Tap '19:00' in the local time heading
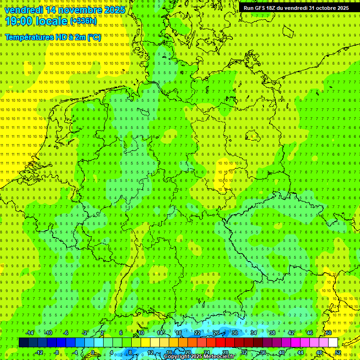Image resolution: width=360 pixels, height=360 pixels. pyautogui.click(x=19, y=21)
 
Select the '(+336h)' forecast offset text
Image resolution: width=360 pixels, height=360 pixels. pyautogui.click(x=83, y=21)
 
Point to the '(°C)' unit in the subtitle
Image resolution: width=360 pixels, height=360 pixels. pyautogui.click(x=94, y=37)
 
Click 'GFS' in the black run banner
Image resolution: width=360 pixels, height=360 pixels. pyautogui.click(x=263, y=8)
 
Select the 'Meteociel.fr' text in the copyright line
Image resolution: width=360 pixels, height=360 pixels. pyautogui.click(x=219, y=357)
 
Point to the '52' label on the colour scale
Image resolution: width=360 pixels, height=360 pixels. pyautogui.click(x=338, y=352)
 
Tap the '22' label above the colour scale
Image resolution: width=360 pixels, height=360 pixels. pyautogui.click(x=197, y=333)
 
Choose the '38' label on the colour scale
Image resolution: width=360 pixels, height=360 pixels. pyautogui.click(x=272, y=333)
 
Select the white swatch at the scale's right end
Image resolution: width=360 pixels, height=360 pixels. pyautogui.click(x=333, y=343)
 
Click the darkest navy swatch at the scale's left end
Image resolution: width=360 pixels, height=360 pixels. pyautogui.click(x=23, y=343)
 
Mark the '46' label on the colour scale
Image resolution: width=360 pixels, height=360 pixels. pyautogui.click(x=310, y=333)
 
